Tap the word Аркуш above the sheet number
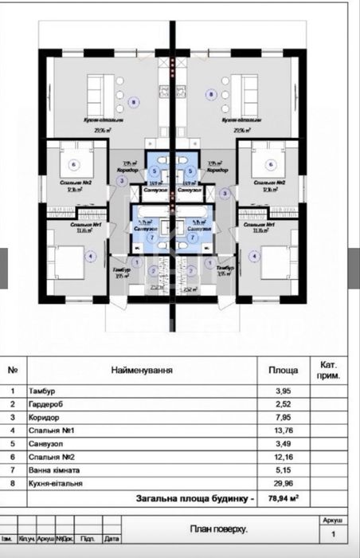click(333, 519)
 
